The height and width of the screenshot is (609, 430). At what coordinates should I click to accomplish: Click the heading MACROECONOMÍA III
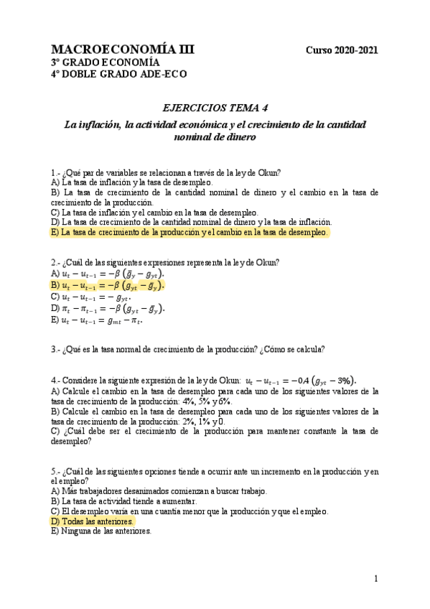122,50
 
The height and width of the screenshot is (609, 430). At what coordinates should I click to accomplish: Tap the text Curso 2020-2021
342,50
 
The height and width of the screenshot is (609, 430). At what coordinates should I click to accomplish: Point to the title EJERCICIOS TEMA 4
215,108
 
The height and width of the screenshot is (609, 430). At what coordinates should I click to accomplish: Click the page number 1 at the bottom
376,579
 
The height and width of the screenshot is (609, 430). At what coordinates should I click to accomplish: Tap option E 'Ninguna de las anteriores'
101,532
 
